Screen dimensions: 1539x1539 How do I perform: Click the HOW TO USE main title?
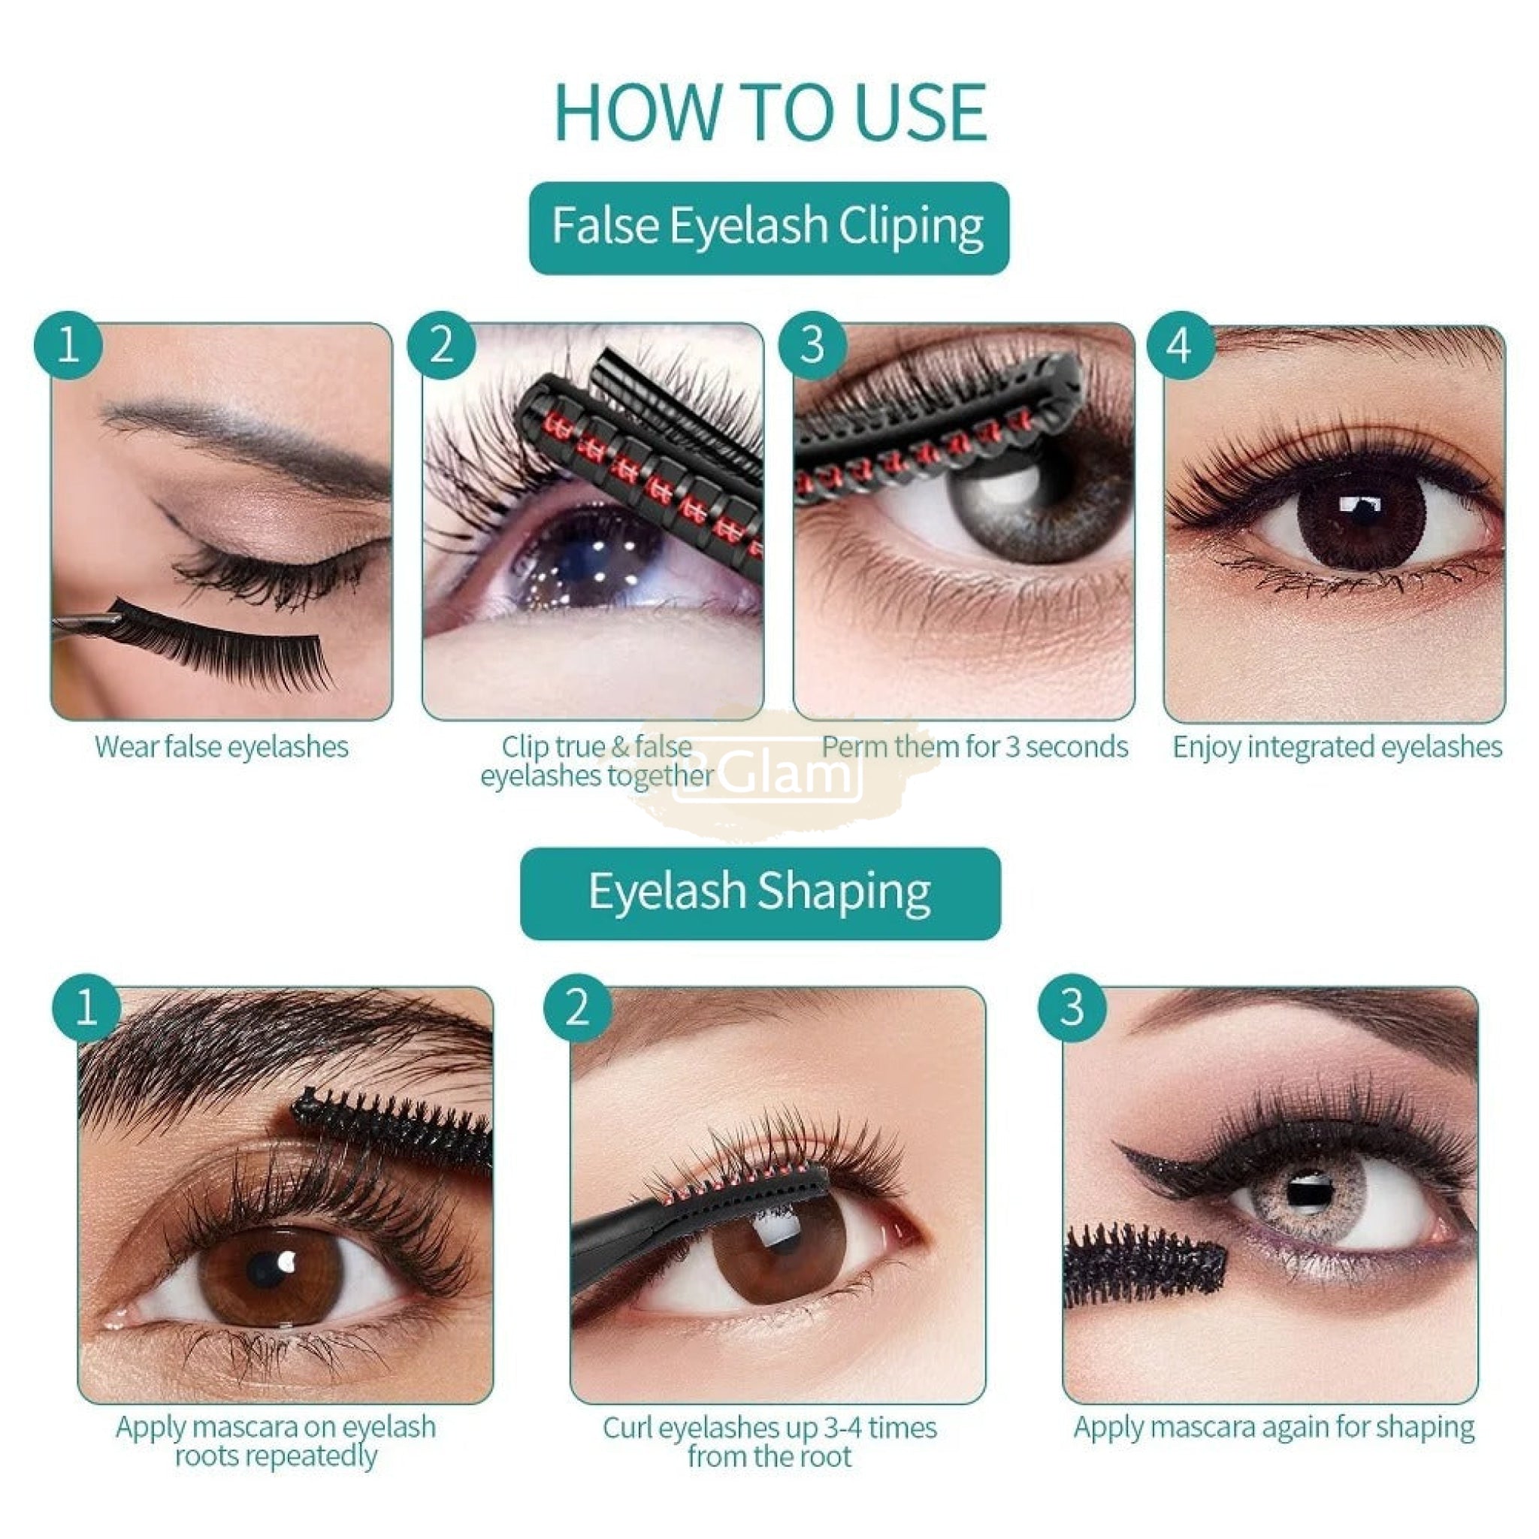click(769, 112)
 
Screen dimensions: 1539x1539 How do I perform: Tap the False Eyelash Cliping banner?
click(769, 228)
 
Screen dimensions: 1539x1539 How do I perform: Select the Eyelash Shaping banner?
click(760, 893)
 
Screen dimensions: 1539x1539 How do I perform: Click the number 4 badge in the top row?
click(1180, 345)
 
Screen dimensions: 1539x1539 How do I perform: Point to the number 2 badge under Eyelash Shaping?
click(578, 1008)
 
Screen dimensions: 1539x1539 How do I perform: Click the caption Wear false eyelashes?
click(222, 747)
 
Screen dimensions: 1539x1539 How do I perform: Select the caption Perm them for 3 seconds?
click(975, 747)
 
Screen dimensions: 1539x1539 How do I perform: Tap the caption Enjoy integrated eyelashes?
click(1338, 747)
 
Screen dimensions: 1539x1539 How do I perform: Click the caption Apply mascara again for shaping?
click(1274, 1427)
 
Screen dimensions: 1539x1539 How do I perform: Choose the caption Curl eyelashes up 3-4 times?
click(769, 1428)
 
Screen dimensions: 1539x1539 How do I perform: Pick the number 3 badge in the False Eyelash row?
click(812, 345)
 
